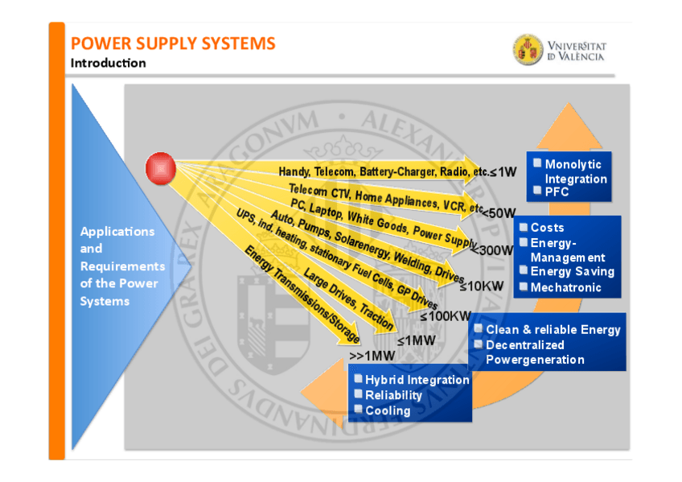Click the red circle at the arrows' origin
[x=161, y=168]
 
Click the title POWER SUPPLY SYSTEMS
[x=173, y=43]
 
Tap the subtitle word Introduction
[x=109, y=63]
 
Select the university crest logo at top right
[x=528, y=50]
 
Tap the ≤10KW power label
[x=480, y=286]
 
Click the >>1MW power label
[x=372, y=355]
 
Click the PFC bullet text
[x=557, y=192]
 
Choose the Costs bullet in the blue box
[x=547, y=228]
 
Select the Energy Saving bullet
[x=572, y=271]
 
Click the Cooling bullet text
[x=388, y=410]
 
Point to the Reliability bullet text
[x=393, y=395]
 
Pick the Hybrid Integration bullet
[x=417, y=380]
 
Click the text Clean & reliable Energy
[x=553, y=329]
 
